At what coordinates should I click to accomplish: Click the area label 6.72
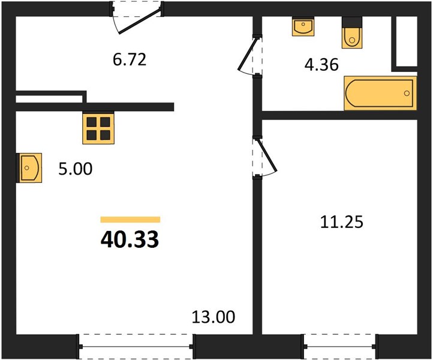pyautogui.click(x=130, y=59)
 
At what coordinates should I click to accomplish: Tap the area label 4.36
pyautogui.click(x=321, y=65)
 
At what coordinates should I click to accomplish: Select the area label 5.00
pyautogui.click(x=76, y=169)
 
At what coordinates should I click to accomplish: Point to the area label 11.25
pyautogui.click(x=342, y=222)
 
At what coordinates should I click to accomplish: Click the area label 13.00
pyautogui.click(x=213, y=317)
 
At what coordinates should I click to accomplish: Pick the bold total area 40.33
pyautogui.click(x=130, y=239)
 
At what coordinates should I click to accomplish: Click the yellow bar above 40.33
pyautogui.click(x=130, y=220)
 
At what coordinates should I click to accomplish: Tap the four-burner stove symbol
pyautogui.click(x=98, y=128)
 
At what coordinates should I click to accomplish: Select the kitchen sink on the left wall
pyautogui.click(x=29, y=168)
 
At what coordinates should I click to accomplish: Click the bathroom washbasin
pyautogui.click(x=303, y=26)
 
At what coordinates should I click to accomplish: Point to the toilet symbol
pyautogui.click(x=352, y=32)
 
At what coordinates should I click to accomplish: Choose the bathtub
pyautogui.click(x=380, y=93)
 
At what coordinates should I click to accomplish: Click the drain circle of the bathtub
pyautogui.click(x=407, y=93)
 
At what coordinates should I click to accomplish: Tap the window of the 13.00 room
pyautogui.click(x=136, y=346)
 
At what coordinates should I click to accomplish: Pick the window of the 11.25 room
pyautogui.click(x=339, y=346)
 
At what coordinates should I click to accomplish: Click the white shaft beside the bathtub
pyautogui.click(x=407, y=41)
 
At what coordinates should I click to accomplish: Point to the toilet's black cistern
pyautogui.click(x=352, y=22)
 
